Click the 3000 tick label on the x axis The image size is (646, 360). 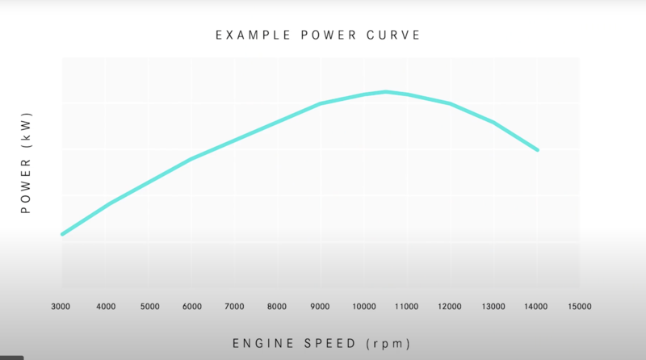pyautogui.click(x=62, y=307)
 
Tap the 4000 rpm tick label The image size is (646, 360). pyautogui.click(x=106, y=307)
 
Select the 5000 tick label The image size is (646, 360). pyautogui.click(x=149, y=307)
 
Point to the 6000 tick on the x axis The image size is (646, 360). pyautogui.click(x=191, y=307)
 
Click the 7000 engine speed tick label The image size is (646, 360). pyautogui.click(x=234, y=307)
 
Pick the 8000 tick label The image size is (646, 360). pyautogui.click(x=277, y=307)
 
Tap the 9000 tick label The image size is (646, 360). pyautogui.click(x=321, y=307)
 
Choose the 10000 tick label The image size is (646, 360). pyautogui.click(x=363, y=307)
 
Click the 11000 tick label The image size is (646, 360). pyautogui.click(x=406, y=307)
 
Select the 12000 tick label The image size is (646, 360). pyautogui.click(x=450, y=307)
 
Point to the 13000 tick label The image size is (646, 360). pyautogui.click(x=493, y=307)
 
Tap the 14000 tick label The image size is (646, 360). pyautogui.click(x=536, y=307)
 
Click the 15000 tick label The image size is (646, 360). pyautogui.click(x=579, y=307)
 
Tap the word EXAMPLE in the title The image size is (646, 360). pyautogui.click(x=250, y=36)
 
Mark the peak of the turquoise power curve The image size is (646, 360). pyautogui.click(x=386, y=92)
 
